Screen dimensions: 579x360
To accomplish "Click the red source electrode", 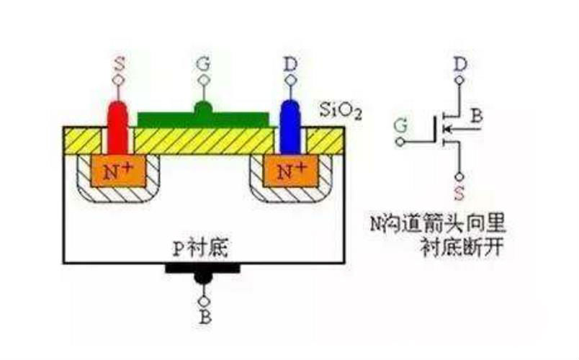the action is coord(118,127).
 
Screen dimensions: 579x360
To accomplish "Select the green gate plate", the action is coord(204,116).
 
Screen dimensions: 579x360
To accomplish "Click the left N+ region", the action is coord(118,171).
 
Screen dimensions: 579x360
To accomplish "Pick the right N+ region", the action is coord(291,171).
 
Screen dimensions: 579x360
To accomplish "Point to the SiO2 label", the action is coord(340,110).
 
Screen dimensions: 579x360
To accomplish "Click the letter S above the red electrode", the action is coord(119,65).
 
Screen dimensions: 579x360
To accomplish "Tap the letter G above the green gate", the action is coord(204,65).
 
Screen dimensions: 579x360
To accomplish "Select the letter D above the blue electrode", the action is coord(291,65).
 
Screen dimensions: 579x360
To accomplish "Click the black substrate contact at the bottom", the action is coord(203,272).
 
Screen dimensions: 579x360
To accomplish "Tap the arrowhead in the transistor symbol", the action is coord(446,129).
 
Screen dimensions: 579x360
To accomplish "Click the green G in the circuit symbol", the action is coord(400,125).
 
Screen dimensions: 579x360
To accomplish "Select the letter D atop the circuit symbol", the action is coord(460,65).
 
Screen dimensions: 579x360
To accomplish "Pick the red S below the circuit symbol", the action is coord(459,193).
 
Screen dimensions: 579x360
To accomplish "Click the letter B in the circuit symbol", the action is coord(476,116).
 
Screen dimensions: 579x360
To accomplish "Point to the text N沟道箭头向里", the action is coord(438,224).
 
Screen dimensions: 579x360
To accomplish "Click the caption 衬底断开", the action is coord(462,247).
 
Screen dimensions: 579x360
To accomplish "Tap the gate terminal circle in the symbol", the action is coord(400,142).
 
